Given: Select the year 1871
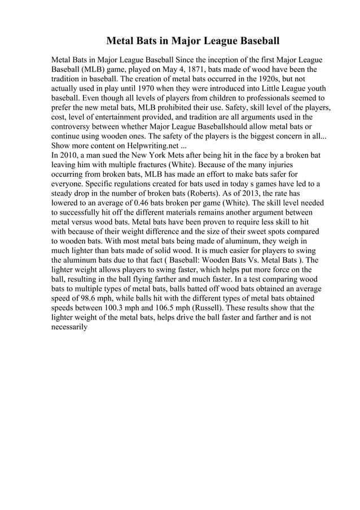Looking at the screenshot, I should pyautogui.click(x=176, y=69).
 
